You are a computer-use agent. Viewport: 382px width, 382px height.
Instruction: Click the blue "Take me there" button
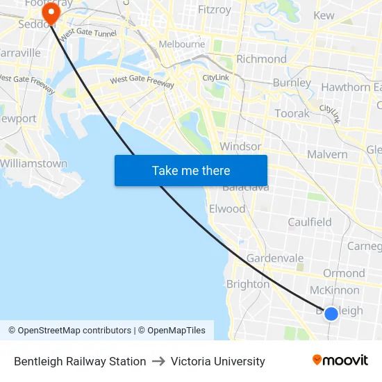pyautogui.click(x=191, y=170)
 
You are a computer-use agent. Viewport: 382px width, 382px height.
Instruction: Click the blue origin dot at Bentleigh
pyautogui.click(x=331, y=313)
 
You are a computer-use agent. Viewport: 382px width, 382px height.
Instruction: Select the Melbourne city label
pyautogui.click(x=182, y=44)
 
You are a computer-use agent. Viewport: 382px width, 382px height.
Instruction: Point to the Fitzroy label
pyautogui.click(x=215, y=10)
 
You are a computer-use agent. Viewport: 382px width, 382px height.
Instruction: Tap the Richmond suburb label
pyautogui.click(x=261, y=59)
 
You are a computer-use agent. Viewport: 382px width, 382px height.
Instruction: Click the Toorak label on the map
pyautogui.click(x=292, y=113)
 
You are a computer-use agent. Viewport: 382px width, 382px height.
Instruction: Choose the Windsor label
pyautogui.click(x=240, y=147)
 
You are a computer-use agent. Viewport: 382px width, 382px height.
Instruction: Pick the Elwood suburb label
pyautogui.click(x=227, y=208)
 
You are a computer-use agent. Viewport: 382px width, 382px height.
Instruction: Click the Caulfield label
pyautogui.click(x=310, y=222)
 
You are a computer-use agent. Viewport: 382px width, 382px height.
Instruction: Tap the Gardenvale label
pyautogui.click(x=275, y=258)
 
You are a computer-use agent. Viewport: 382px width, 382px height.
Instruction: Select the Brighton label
pyautogui.click(x=248, y=284)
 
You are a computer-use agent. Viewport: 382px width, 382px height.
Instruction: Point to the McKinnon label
pyautogui.click(x=335, y=290)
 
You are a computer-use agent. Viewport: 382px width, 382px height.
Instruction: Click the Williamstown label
pyautogui.click(x=33, y=164)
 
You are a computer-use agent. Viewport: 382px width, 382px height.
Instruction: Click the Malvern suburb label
pyautogui.click(x=326, y=154)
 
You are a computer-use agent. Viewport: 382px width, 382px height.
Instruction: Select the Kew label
pyautogui.click(x=324, y=15)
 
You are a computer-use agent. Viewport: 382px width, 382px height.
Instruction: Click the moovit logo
pyautogui.click(x=340, y=360)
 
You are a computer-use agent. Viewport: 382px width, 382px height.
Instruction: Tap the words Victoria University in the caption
pyautogui.click(x=218, y=361)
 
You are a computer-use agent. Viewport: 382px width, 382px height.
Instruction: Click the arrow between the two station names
pyautogui.click(x=158, y=361)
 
